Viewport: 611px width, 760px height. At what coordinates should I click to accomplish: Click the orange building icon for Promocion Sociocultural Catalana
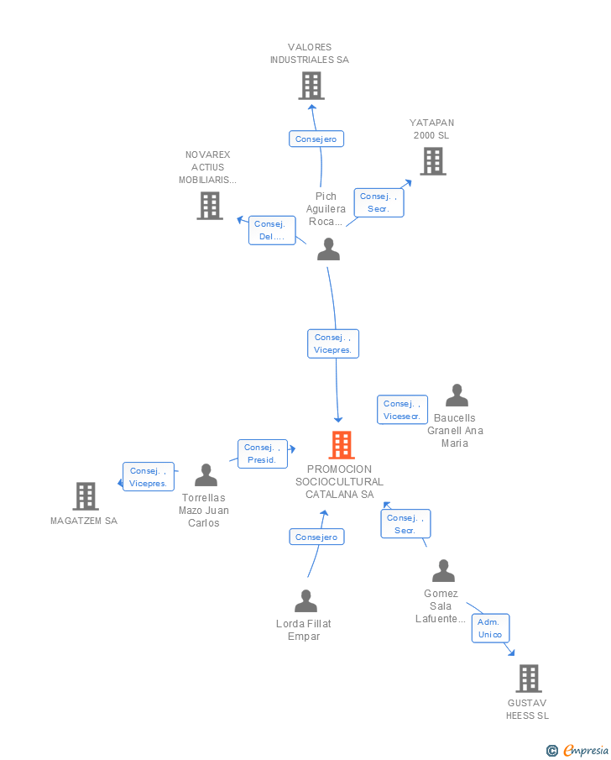tap(342, 444)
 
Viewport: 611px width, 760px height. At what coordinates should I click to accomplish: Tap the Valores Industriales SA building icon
tap(311, 86)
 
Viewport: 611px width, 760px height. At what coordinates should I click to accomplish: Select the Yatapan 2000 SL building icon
tap(433, 161)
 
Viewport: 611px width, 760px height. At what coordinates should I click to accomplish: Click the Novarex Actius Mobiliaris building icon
tap(210, 206)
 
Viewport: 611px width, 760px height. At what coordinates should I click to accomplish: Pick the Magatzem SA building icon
tap(86, 495)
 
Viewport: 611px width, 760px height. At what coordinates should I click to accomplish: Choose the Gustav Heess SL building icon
tap(529, 678)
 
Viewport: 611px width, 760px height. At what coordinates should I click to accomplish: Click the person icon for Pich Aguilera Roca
tap(328, 249)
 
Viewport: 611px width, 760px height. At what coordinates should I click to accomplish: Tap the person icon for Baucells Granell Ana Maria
tap(457, 395)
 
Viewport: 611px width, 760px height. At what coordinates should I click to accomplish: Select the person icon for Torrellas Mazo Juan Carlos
tap(206, 475)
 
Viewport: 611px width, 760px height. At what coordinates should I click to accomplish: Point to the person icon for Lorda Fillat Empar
tap(305, 601)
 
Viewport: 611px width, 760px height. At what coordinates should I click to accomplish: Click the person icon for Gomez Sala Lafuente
tap(443, 570)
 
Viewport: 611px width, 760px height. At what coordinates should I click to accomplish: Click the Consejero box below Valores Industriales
tap(316, 139)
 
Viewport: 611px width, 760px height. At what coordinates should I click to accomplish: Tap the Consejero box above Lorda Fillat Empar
tap(317, 537)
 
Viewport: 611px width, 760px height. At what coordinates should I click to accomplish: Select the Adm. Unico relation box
tap(491, 628)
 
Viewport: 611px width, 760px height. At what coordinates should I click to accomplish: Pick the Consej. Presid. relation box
tap(263, 453)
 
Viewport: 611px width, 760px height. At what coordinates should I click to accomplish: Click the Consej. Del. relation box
tap(272, 230)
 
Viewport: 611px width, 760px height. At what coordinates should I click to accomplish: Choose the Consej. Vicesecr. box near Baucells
tap(402, 410)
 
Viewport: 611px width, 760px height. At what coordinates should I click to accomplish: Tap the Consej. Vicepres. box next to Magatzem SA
tap(149, 476)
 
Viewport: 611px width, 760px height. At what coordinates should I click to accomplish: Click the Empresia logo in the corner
tap(577, 750)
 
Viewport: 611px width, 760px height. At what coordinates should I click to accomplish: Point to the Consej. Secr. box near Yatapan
tap(379, 202)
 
